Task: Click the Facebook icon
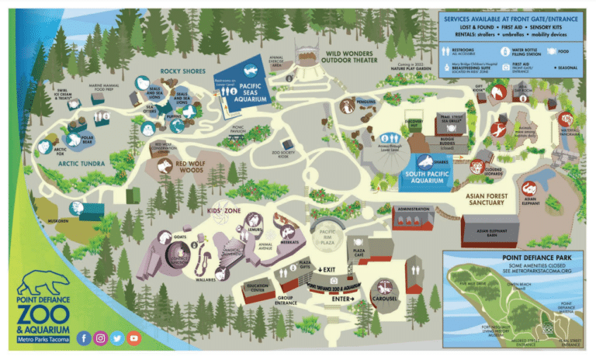(83, 338)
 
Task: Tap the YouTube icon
(134, 338)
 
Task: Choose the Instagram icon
(100, 338)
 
